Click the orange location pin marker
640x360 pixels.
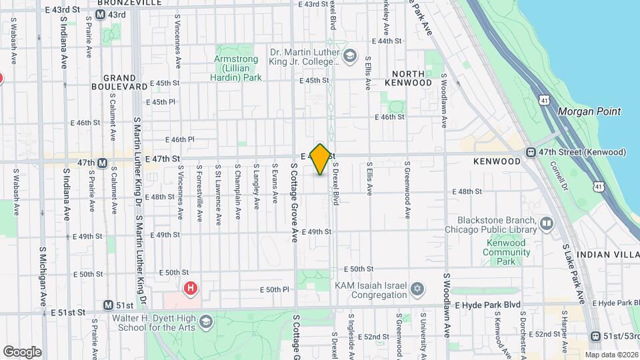320,159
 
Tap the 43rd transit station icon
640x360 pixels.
99,15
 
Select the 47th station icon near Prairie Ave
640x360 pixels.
103,163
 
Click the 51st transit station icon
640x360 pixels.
108,305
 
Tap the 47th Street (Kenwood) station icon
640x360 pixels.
531,152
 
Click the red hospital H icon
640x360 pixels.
191,288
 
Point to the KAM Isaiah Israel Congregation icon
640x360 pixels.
417,288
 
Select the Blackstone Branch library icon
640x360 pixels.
547,223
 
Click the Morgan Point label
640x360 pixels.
589,111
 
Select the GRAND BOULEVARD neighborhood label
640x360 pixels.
120,82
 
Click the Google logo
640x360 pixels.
22,351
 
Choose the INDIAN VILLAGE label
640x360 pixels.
607,255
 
